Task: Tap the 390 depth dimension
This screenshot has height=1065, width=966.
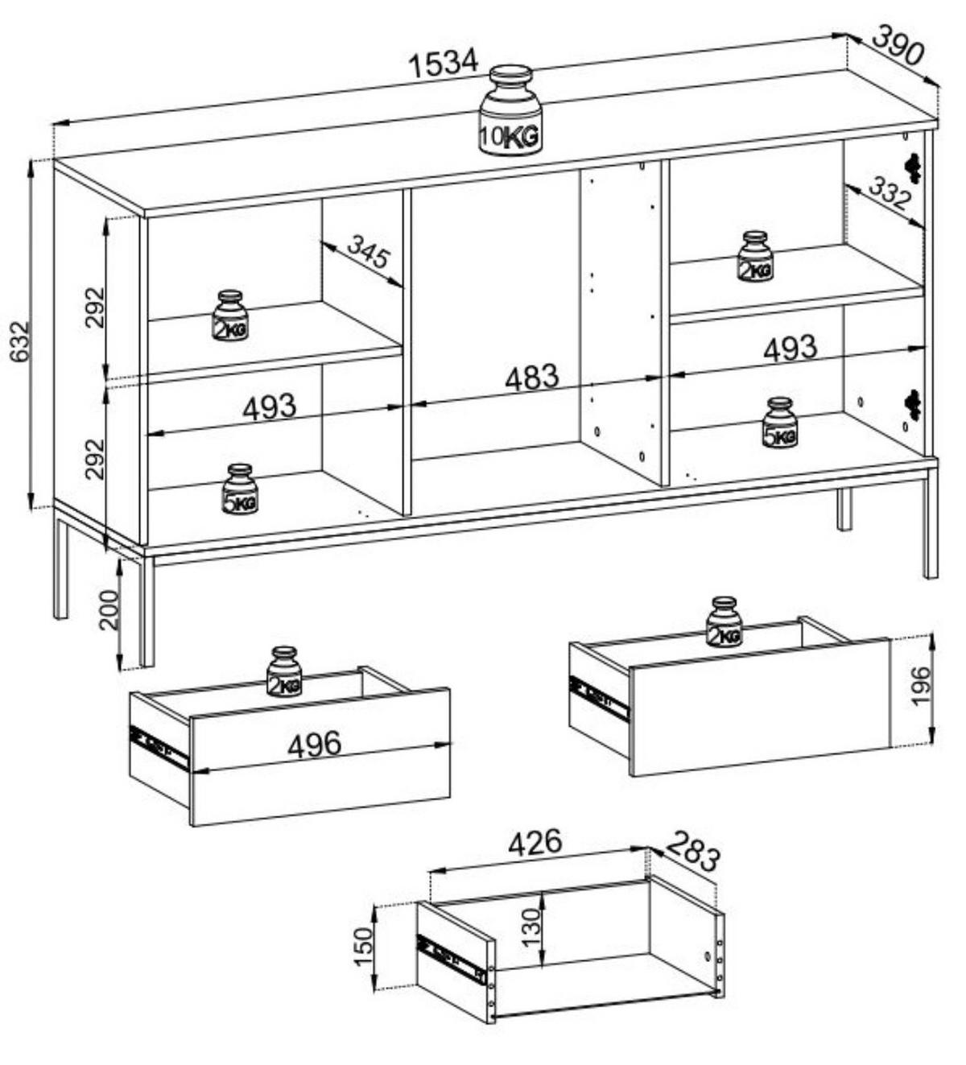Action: [x=895, y=46]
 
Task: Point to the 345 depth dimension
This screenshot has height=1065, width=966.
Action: [x=368, y=253]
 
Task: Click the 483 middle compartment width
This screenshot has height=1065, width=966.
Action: [x=530, y=377]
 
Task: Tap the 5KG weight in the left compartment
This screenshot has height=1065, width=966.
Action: [x=240, y=489]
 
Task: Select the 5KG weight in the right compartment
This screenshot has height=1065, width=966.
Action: [x=779, y=423]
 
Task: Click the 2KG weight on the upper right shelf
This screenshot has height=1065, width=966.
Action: [x=754, y=257]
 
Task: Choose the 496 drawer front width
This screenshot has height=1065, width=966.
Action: [x=314, y=745]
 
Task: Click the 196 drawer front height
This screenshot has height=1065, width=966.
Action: [x=920, y=685]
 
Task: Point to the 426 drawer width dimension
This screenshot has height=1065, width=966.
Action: [x=535, y=842]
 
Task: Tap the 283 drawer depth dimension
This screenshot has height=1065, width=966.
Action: [x=692, y=851]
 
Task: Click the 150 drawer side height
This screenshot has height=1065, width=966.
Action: [x=364, y=947]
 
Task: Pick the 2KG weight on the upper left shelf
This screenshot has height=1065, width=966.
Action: [x=230, y=316]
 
